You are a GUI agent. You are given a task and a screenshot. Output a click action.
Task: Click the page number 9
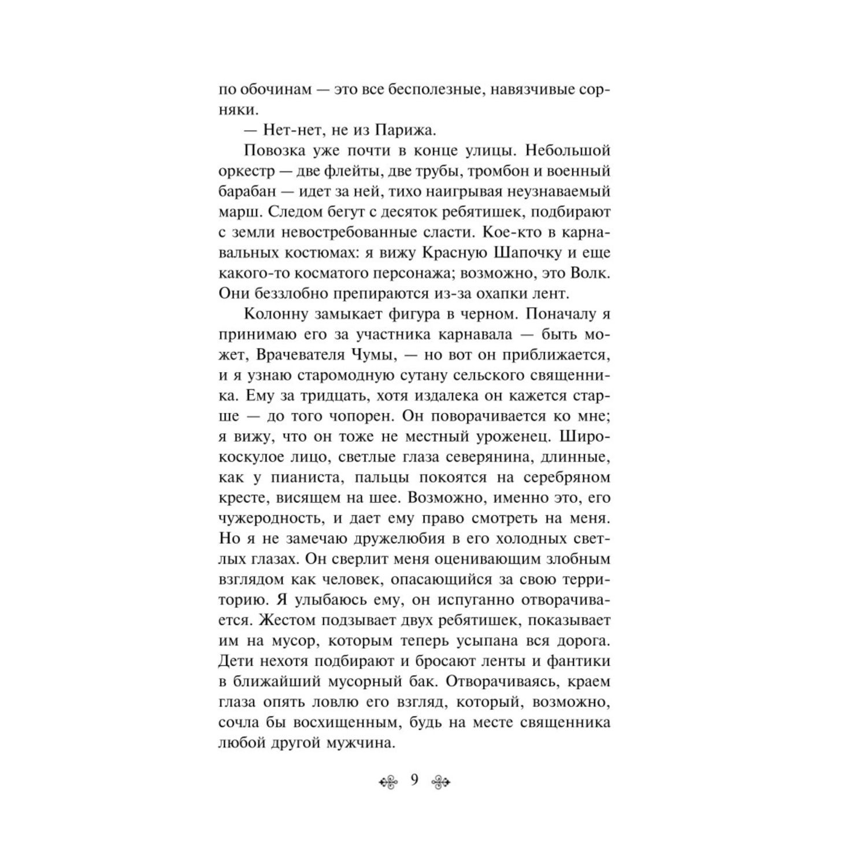(x=414, y=780)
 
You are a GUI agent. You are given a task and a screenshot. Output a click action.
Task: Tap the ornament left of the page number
(x=388, y=782)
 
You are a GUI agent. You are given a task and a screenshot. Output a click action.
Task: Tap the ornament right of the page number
(x=441, y=782)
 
